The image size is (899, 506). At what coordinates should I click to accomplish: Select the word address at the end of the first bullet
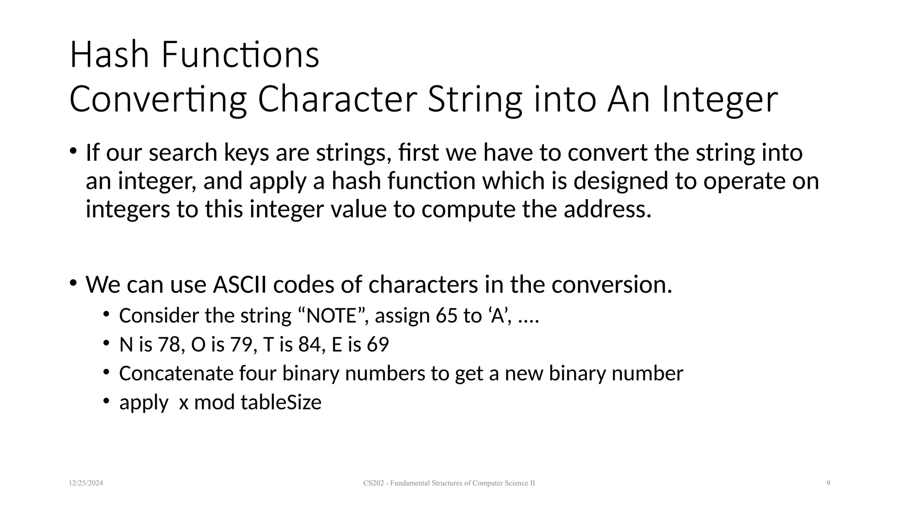tap(607, 209)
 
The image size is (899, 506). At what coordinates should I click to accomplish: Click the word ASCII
tap(240, 285)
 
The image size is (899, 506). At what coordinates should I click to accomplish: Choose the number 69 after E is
tap(378, 345)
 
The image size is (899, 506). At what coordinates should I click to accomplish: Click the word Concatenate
tap(176, 374)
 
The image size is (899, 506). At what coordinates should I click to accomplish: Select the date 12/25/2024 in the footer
tap(86, 483)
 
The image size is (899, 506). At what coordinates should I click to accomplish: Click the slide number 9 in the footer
tap(828, 483)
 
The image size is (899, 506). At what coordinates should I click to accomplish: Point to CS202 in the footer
tap(373, 483)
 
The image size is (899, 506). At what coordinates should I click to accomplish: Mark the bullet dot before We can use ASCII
tap(73, 282)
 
